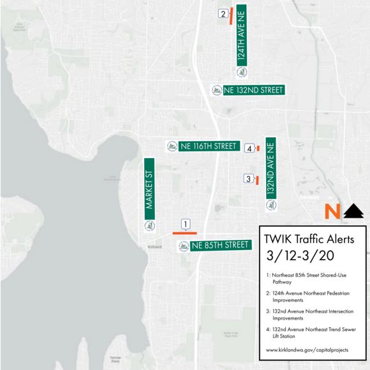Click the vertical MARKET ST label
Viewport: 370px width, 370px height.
150,189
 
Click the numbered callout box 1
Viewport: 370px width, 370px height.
186,225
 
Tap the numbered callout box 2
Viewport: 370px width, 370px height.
223,13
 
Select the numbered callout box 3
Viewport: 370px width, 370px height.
248,179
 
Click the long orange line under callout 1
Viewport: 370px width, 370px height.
184,233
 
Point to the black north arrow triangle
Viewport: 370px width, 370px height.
353,211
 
